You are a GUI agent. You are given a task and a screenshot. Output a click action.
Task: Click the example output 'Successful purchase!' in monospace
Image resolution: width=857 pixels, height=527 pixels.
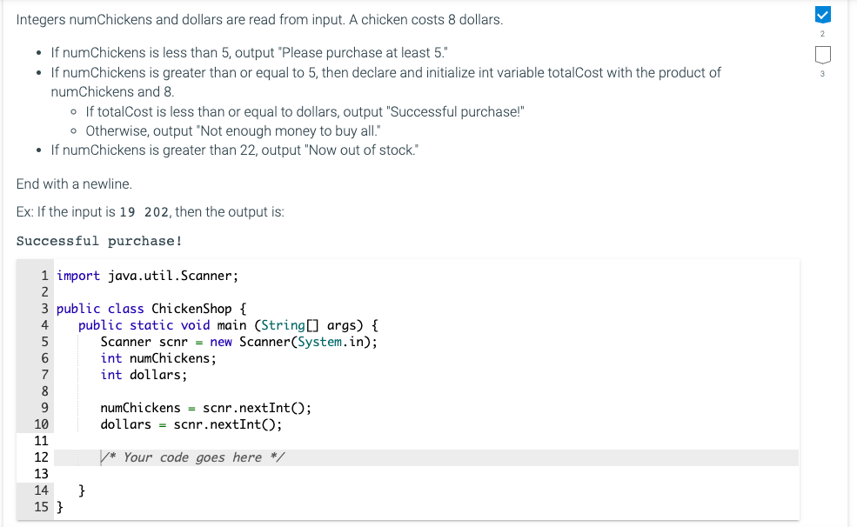tap(99, 241)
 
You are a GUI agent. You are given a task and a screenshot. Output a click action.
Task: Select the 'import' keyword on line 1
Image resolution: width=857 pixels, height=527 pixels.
tap(78, 276)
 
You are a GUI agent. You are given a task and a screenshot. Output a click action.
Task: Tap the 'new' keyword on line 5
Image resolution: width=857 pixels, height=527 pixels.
tap(221, 342)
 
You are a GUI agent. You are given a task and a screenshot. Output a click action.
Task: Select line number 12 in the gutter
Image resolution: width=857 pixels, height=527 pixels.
tap(41, 457)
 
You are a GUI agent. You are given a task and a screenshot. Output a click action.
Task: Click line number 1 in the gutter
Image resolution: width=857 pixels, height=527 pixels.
tap(44, 276)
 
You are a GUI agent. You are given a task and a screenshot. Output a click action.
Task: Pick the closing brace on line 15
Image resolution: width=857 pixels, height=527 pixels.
tap(60, 507)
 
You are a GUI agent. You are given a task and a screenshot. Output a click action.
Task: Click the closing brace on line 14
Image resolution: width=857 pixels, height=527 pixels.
tap(83, 490)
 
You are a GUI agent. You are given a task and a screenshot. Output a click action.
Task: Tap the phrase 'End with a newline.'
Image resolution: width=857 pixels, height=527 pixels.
tap(74, 184)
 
